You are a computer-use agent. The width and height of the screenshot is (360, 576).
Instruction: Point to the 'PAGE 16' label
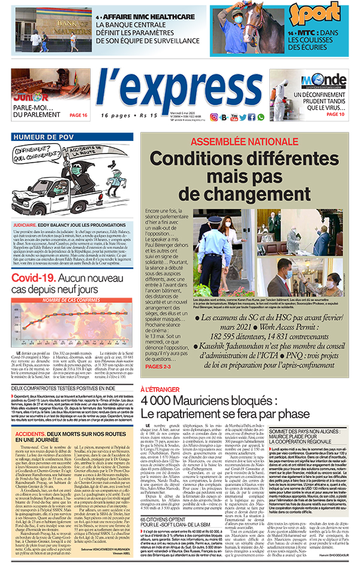79,115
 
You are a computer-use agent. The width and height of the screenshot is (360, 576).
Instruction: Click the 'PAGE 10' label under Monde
332,114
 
